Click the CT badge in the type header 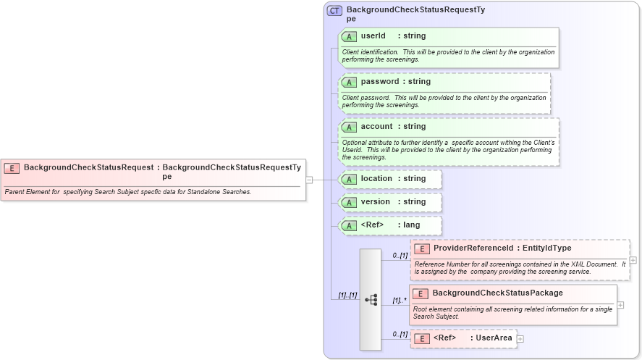(335, 11)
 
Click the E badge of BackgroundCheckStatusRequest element (12, 168)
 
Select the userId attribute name (373, 36)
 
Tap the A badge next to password (349, 82)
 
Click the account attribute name (376, 127)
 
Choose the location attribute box (390, 179)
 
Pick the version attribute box (390, 202)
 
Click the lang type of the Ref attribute (411, 225)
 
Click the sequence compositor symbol (371, 299)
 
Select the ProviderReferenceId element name (473, 248)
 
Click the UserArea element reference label (494, 338)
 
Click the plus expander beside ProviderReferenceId (633, 260)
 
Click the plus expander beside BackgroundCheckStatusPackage (620, 305)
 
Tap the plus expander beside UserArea (520, 339)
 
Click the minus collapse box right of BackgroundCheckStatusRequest (309, 180)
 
